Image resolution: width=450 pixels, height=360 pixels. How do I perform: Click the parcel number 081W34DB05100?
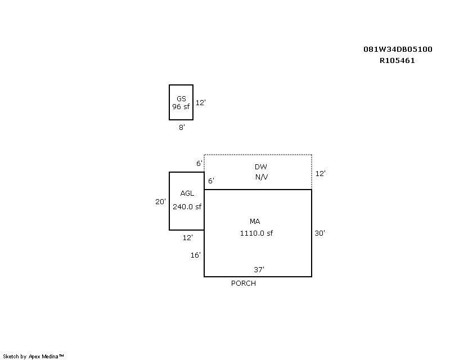[x=398, y=49]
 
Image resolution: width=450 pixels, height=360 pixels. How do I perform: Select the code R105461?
[x=397, y=61]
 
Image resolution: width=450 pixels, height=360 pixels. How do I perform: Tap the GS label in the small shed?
[x=181, y=99]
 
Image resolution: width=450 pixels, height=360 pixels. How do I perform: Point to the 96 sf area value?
[x=181, y=106]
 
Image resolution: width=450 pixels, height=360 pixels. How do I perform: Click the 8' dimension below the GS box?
[x=182, y=127]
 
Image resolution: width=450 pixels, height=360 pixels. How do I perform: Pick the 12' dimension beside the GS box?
[x=201, y=102]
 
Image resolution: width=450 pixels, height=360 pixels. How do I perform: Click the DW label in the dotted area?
[x=260, y=167]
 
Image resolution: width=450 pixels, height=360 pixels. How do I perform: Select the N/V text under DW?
[x=262, y=177]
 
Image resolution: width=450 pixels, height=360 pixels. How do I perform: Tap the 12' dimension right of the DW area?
[x=320, y=173]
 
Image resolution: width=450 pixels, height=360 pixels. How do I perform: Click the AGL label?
[x=187, y=193]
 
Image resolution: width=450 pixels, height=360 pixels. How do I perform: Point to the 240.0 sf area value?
[x=187, y=206]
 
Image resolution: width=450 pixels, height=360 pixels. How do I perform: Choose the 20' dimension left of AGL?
[x=160, y=202]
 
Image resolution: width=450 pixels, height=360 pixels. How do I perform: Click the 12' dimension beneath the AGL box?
[x=188, y=238]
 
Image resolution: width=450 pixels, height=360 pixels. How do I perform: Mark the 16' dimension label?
[x=195, y=255]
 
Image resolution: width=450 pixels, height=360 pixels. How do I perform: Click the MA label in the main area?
[x=255, y=221]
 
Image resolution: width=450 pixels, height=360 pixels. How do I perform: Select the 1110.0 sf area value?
[x=256, y=233]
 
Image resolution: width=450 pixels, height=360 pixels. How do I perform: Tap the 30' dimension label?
[x=319, y=233]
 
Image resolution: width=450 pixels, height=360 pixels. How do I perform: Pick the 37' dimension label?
[x=259, y=269]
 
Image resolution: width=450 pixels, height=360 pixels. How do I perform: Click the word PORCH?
[x=244, y=283]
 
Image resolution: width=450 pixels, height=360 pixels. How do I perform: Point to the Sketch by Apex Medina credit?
[x=33, y=357]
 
